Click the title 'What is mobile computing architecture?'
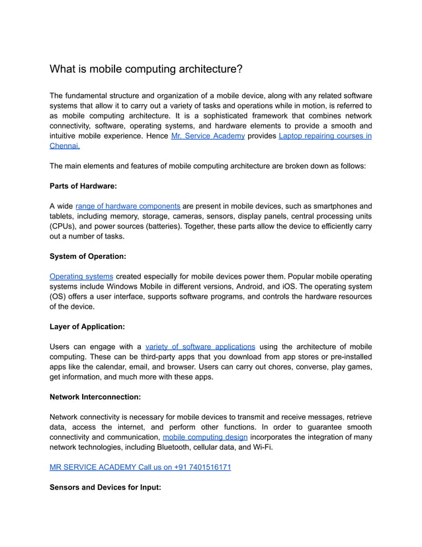146,69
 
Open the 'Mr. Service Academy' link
208,136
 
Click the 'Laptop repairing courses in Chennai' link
325,136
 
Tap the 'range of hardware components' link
128,207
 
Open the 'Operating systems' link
81,276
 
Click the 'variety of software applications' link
200,346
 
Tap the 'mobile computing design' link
205,437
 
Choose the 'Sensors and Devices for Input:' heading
106,487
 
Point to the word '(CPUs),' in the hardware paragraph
66,226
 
